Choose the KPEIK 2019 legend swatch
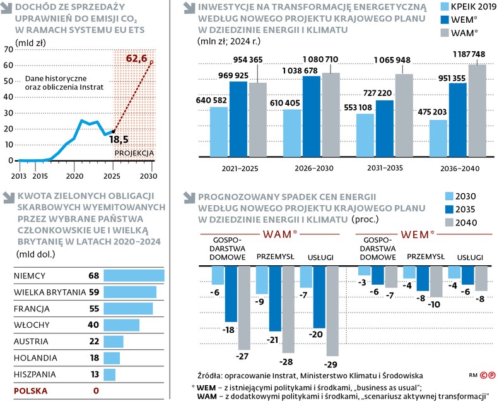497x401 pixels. (x=430, y=8)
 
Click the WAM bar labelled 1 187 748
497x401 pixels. (x=477, y=111)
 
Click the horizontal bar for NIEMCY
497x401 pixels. (x=134, y=276)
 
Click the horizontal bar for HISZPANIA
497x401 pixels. (x=110, y=374)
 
